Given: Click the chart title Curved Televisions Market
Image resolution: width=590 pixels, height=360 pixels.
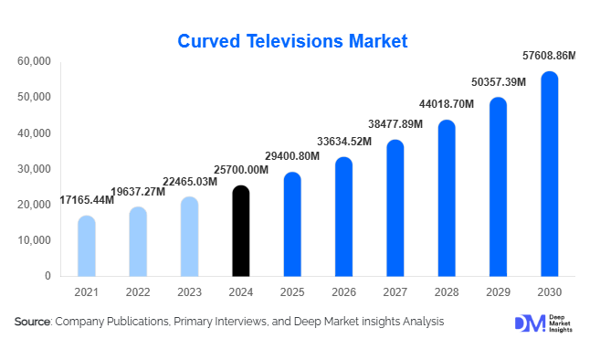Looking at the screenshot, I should click(292, 41).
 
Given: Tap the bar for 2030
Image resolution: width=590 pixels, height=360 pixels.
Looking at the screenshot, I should click(549, 174).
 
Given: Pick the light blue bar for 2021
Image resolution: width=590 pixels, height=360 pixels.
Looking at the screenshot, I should click(86, 246).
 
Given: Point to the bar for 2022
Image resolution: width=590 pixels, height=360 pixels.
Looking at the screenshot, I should click(137, 241).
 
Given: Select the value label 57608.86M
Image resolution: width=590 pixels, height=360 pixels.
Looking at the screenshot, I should click(549, 56).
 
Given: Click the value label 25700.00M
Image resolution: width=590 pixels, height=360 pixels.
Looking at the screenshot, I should click(241, 170).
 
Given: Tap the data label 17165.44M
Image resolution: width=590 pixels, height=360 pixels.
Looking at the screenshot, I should click(87, 200).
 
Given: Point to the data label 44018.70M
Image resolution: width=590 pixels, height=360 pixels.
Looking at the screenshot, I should click(447, 104).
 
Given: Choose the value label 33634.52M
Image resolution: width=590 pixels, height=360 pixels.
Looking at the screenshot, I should click(344, 142).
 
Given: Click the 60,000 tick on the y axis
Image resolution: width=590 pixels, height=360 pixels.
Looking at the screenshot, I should click(35, 61).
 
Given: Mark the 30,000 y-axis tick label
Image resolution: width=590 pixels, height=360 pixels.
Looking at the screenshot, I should click(35, 169).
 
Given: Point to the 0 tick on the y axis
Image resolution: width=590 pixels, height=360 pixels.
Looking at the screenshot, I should click(47, 276).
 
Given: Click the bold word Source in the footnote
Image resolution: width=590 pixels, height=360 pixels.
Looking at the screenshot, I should click(33, 322).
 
